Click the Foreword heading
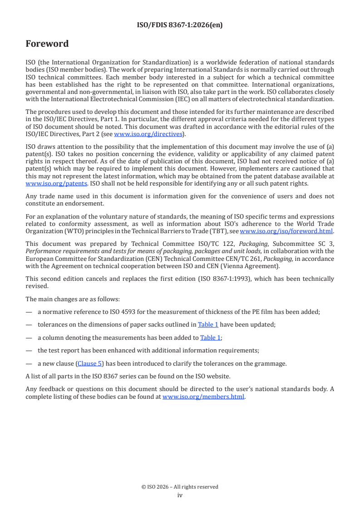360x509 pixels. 47,44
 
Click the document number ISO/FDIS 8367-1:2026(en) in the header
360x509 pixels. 180,25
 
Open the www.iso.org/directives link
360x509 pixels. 148,134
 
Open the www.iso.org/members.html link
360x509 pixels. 203,396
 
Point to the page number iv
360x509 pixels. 180,495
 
